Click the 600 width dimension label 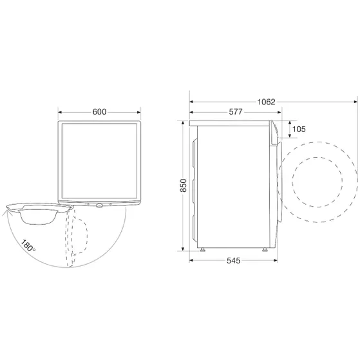click(x=99, y=111)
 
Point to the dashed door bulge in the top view click(x=80, y=232)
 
